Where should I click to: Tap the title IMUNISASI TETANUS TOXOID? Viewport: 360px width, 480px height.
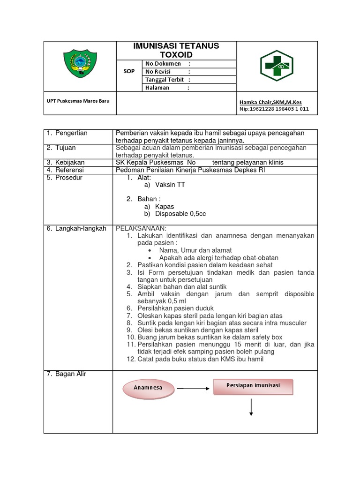tap(176, 50)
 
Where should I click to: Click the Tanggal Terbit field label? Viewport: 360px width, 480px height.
tap(164, 80)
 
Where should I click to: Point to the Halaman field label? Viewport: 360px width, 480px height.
tap(157, 88)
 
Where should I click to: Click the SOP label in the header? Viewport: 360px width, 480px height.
tap(129, 72)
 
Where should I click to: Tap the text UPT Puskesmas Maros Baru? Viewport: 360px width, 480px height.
tap(75, 101)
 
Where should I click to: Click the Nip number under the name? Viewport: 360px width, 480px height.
tap(274, 109)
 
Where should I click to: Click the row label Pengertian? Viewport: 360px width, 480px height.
tap(71, 133)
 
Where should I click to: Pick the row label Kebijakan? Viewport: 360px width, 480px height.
tap(71, 162)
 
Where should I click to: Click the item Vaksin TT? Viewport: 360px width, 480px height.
tap(170, 185)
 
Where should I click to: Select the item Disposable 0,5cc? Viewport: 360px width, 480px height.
tap(180, 214)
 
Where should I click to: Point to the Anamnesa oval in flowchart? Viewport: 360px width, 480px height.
tap(148, 388)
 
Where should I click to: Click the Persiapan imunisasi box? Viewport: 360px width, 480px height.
tap(253, 386)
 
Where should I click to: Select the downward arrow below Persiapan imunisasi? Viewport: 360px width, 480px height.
tap(252, 407)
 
